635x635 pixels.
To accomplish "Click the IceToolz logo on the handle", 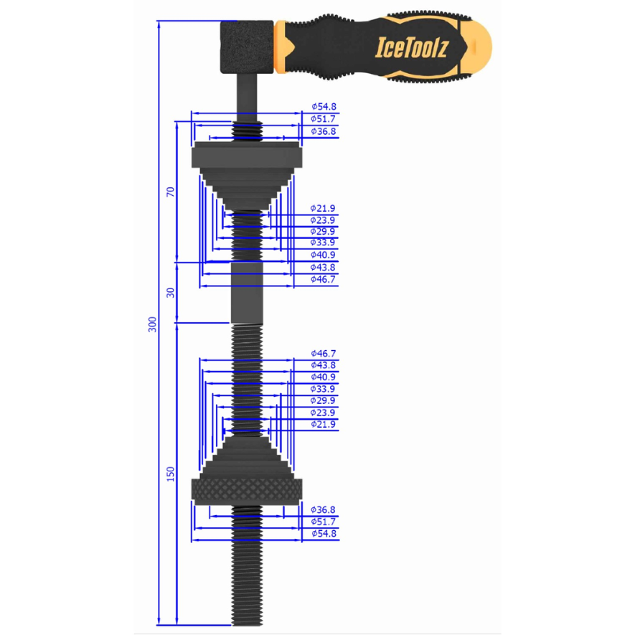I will click(411, 48).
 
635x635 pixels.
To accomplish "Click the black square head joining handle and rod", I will click(246, 47).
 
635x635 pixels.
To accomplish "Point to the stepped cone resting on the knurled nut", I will click(248, 456).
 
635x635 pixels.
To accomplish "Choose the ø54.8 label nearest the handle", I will click(323, 106).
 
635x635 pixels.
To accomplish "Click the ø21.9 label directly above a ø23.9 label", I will click(323, 208).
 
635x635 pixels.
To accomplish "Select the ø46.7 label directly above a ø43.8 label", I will click(323, 352).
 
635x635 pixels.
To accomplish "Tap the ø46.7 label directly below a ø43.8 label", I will click(323, 279).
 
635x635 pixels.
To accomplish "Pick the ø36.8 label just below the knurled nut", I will click(323, 510).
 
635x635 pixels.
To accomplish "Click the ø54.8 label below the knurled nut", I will click(323, 534).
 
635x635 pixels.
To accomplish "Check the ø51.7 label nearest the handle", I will click(323, 118).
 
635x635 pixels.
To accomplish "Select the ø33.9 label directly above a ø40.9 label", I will click(323, 243).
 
